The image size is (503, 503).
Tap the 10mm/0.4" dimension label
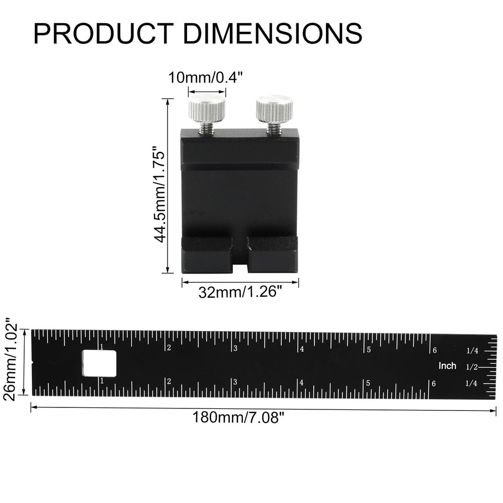click(x=207, y=78)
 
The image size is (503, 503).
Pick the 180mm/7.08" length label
click(x=235, y=417)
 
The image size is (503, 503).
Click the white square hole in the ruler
click(x=99, y=363)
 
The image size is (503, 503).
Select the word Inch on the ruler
click(x=447, y=366)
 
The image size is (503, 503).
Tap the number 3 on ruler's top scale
click(x=235, y=348)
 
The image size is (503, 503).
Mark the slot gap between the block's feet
click(x=240, y=262)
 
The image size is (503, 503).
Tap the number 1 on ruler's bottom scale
click(x=102, y=381)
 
